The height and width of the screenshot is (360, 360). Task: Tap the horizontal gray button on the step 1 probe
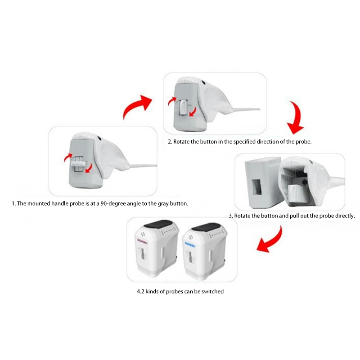78,163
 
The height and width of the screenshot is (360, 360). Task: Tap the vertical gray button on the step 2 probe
183,108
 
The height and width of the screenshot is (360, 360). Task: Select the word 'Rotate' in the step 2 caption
181,142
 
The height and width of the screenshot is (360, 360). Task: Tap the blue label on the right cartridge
190,245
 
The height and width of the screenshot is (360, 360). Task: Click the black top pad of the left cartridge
159,224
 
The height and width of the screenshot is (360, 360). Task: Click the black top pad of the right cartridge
206,227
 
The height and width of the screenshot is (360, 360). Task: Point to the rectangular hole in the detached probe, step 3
256,186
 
